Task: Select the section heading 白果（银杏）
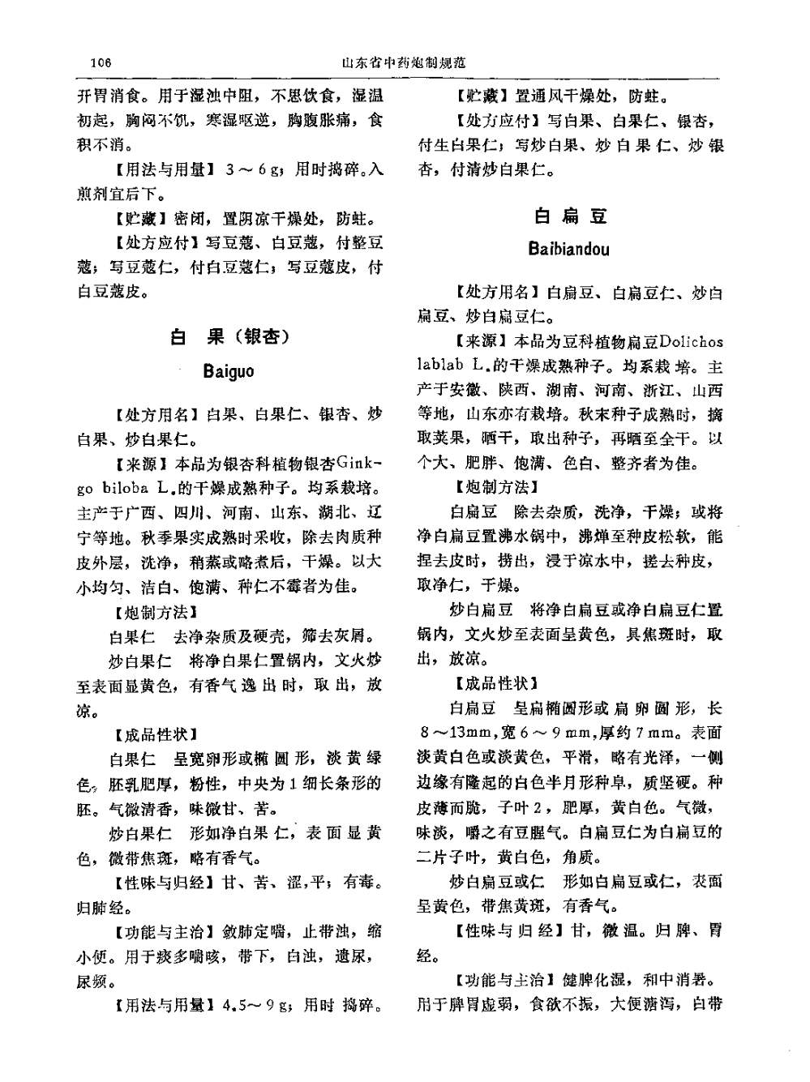point(229,336)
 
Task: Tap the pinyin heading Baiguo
point(229,372)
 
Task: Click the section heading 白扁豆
point(569,216)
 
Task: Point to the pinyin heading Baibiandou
point(569,249)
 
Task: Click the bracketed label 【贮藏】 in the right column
point(480,96)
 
